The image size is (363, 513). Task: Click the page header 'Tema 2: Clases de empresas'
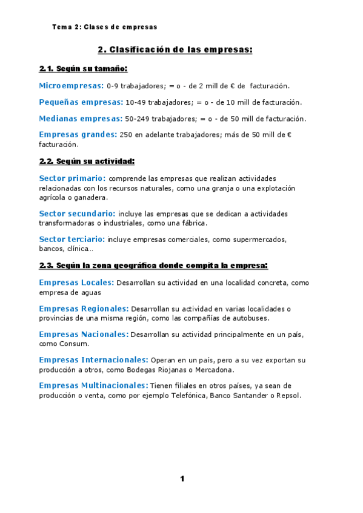coord(105,27)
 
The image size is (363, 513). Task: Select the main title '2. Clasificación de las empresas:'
coord(175,50)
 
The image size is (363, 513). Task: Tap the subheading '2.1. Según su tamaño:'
coord(83,69)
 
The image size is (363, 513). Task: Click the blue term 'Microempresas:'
coord(71,86)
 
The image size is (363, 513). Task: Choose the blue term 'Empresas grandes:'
coord(78,134)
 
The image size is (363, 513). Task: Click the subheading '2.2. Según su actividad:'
coord(87,162)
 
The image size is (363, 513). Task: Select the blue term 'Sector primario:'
coord(72,178)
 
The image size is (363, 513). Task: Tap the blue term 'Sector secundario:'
coord(77,214)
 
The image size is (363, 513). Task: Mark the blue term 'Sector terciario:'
coord(72,239)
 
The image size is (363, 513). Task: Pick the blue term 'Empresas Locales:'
coord(76,283)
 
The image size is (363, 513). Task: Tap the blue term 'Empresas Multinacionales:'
coord(93,385)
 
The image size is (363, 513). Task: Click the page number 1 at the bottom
coord(182,479)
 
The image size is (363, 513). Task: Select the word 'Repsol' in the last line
coord(287,396)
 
